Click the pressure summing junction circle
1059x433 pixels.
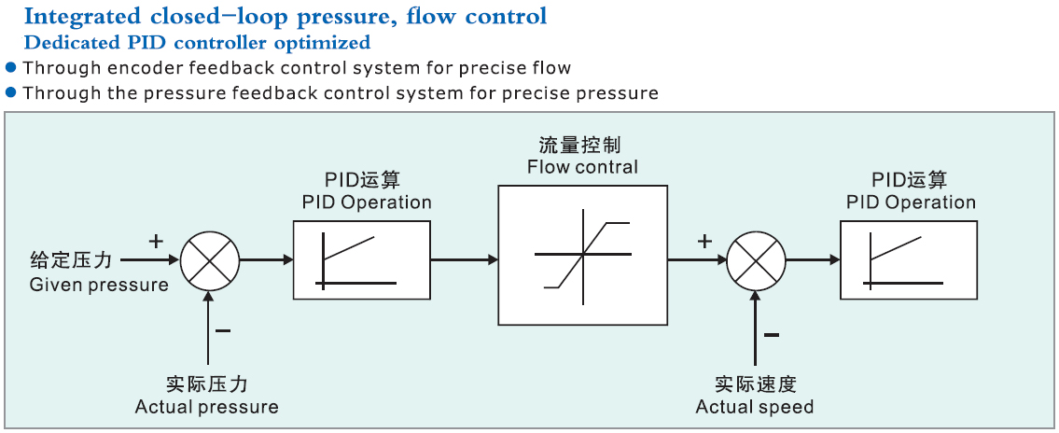point(210,259)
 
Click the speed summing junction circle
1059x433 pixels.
point(757,260)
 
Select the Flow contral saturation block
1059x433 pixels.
point(583,255)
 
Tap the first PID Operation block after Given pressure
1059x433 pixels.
point(361,259)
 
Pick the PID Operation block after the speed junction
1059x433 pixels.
point(909,259)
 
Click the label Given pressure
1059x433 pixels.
point(99,285)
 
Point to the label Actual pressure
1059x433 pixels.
point(206,407)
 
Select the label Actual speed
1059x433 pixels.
point(755,407)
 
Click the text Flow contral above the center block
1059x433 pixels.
point(583,166)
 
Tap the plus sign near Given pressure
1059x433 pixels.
point(156,241)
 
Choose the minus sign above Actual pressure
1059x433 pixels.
point(223,330)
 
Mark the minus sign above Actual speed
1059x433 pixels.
point(772,334)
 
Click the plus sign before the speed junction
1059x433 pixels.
point(704,241)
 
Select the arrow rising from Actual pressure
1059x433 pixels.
point(210,328)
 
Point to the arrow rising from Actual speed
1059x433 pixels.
point(757,328)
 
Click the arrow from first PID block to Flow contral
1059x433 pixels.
point(465,259)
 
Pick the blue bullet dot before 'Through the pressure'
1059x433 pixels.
point(11,91)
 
